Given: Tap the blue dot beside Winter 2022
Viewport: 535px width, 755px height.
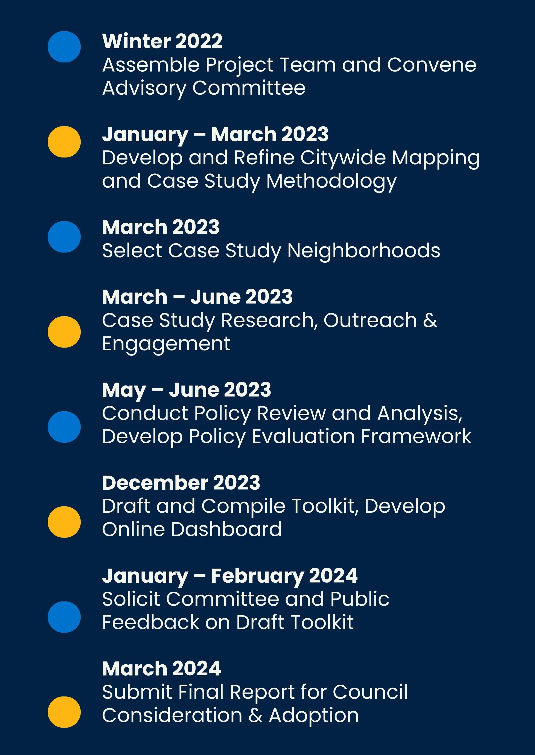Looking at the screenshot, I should [x=64, y=47].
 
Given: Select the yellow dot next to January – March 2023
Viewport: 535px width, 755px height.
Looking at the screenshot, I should [x=64, y=142].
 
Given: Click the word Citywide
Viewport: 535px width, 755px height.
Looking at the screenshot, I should [x=343, y=158].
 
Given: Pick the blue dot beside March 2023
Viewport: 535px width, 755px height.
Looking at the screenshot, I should [x=64, y=237].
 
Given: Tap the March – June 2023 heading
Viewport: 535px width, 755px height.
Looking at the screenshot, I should [x=197, y=297].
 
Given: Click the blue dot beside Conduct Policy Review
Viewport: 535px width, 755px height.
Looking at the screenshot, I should [x=64, y=427].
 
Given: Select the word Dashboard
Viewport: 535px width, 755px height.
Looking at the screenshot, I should [x=226, y=529].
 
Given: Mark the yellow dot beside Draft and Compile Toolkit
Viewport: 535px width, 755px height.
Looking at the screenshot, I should [x=64, y=522].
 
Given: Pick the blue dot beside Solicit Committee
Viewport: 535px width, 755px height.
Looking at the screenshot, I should [x=64, y=617].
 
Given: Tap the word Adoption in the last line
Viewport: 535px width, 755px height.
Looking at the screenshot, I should [x=314, y=716].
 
